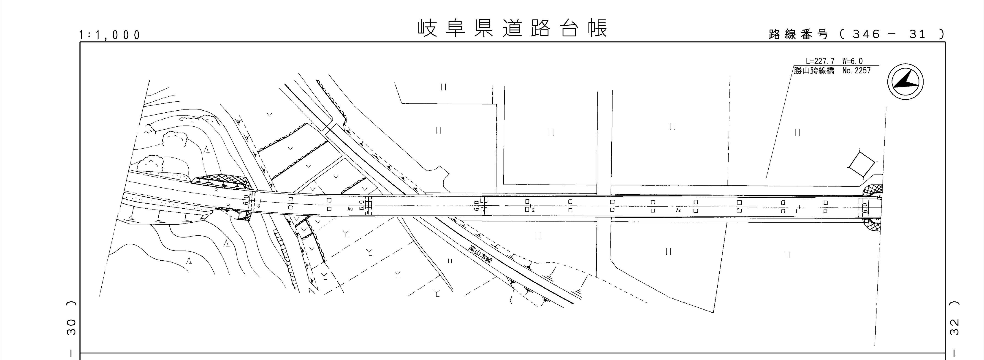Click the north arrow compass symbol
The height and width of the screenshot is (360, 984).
tap(905, 82)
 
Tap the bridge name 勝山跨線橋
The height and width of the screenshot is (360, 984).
tap(814, 71)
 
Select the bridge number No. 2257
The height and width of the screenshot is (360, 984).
tap(857, 71)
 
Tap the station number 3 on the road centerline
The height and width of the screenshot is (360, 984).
tap(259, 206)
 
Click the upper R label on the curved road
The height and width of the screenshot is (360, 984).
tap(216, 190)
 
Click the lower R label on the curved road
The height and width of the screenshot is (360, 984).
tap(228, 206)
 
